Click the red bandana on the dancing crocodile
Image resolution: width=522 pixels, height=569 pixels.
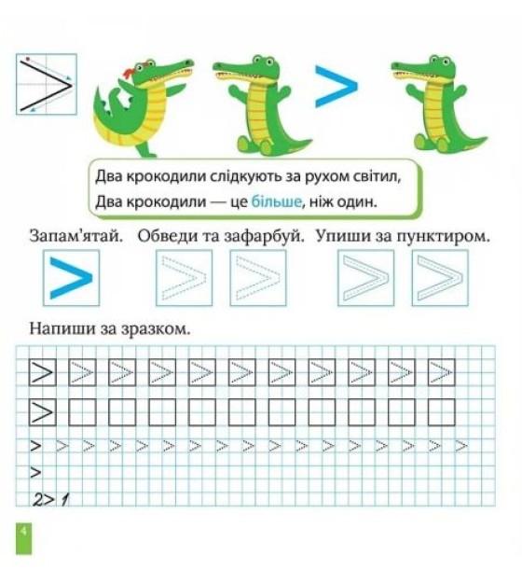pos(130,73)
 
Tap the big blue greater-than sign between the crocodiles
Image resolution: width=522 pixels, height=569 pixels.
pos(337,87)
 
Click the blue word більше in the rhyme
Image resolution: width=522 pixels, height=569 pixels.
pos(277,201)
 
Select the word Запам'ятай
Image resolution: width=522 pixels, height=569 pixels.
pos(76,236)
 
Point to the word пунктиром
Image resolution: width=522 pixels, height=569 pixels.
pos(444,237)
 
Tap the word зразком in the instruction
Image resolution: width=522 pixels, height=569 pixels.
pos(156,329)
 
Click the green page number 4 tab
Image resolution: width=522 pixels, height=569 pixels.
pos(23,538)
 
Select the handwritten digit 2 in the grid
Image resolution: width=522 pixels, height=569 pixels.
pos(38,500)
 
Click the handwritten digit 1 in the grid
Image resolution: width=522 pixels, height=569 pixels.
pos(64,500)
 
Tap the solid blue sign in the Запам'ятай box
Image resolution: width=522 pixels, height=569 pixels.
pos(71,278)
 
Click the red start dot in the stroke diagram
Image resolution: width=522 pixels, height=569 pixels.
pos(28,59)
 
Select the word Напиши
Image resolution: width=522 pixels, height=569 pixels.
pos(55,328)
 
